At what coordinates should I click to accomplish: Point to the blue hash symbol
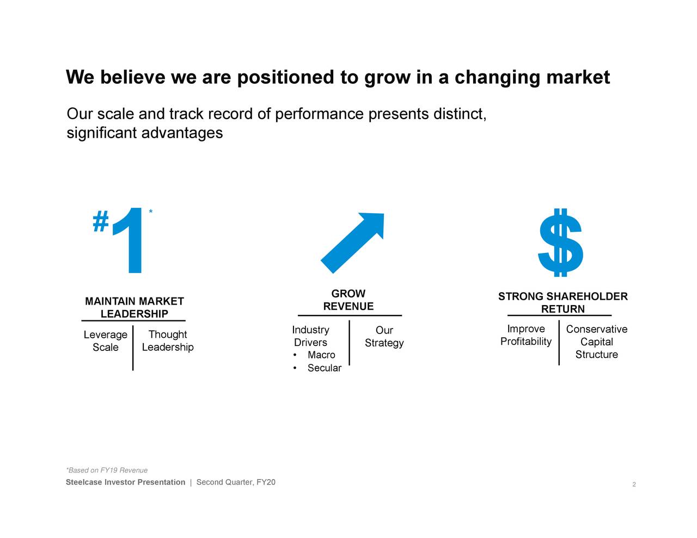coord(101,222)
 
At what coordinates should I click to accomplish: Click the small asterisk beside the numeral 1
coord(150,212)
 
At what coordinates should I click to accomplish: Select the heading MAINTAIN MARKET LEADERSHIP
coord(134,307)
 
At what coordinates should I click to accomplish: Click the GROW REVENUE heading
coord(348,300)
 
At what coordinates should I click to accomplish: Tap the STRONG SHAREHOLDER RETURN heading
coord(563,302)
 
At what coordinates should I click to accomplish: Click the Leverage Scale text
coord(105,341)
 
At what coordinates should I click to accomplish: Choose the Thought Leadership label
coord(168,341)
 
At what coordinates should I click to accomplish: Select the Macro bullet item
coord(321,355)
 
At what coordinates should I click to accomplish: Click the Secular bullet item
coord(324,368)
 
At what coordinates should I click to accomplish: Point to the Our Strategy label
coord(384,336)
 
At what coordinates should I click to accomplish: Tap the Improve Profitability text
coord(525,335)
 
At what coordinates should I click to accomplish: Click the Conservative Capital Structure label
coord(596,342)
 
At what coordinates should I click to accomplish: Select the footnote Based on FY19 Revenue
coord(107,471)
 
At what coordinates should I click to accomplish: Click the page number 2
coord(634,485)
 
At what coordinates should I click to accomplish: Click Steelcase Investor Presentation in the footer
coord(125,483)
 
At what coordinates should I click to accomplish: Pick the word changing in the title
coord(497,78)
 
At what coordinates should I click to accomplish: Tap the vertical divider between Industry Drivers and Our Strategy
coord(349,343)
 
